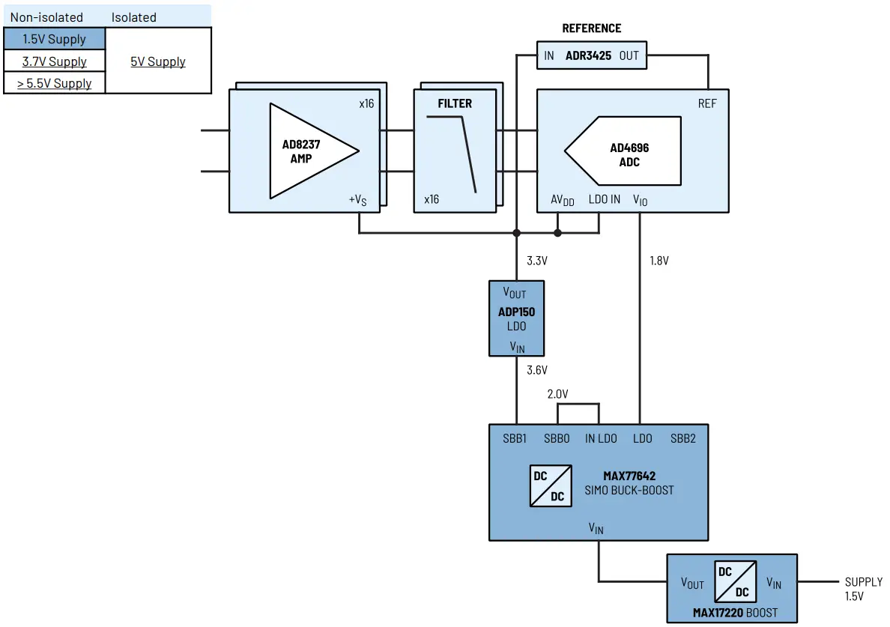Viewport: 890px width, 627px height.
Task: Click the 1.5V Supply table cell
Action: tap(54, 39)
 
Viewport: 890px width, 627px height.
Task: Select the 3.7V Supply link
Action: tap(54, 61)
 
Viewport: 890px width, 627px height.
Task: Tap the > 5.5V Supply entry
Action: tap(54, 83)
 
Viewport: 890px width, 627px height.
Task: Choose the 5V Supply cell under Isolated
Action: tap(158, 61)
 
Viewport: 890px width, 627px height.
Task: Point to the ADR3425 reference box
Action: tap(592, 55)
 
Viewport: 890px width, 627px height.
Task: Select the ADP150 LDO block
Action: tap(516, 318)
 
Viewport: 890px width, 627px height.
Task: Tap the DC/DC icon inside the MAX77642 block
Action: tap(550, 485)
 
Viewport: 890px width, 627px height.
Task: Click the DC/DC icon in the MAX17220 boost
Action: tap(734, 581)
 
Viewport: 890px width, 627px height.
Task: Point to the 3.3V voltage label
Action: tap(537, 261)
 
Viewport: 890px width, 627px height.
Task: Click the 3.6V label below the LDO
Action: tap(537, 370)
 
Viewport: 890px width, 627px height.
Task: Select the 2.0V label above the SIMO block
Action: tap(557, 394)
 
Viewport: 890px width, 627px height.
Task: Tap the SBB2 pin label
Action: tap(682, 438)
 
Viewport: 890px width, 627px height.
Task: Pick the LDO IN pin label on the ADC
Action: tap(604, 199)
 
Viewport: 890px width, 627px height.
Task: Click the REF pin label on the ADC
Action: tap(706, 103)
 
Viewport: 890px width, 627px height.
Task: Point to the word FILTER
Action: tap(455, 103)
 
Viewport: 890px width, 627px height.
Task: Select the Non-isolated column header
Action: tap(46, 16)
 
